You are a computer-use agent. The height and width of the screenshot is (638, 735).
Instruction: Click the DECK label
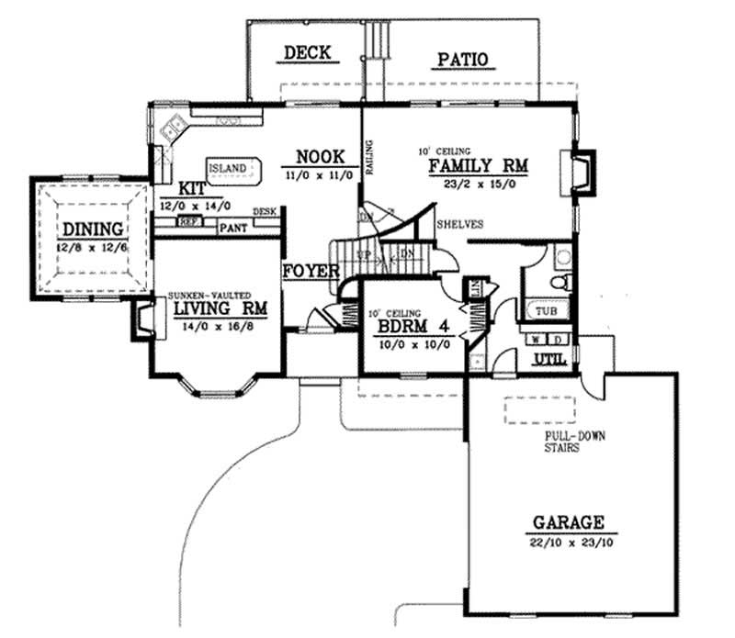pyautogui.click(x=307, y=52)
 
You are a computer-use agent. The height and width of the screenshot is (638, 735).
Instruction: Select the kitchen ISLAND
pyautogui.click(x=230, y=169)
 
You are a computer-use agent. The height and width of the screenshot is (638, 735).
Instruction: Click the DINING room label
pyautogui.click(x=93, y=229)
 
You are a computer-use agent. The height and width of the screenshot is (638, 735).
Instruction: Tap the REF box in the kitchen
pyautogui.click(x=188, y=222)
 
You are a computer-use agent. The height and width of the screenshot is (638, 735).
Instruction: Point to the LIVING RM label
pyautogui.click(x=220, y=308)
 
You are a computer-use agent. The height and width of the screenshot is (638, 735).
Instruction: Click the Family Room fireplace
pyautogui.click(x=582, y=172)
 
